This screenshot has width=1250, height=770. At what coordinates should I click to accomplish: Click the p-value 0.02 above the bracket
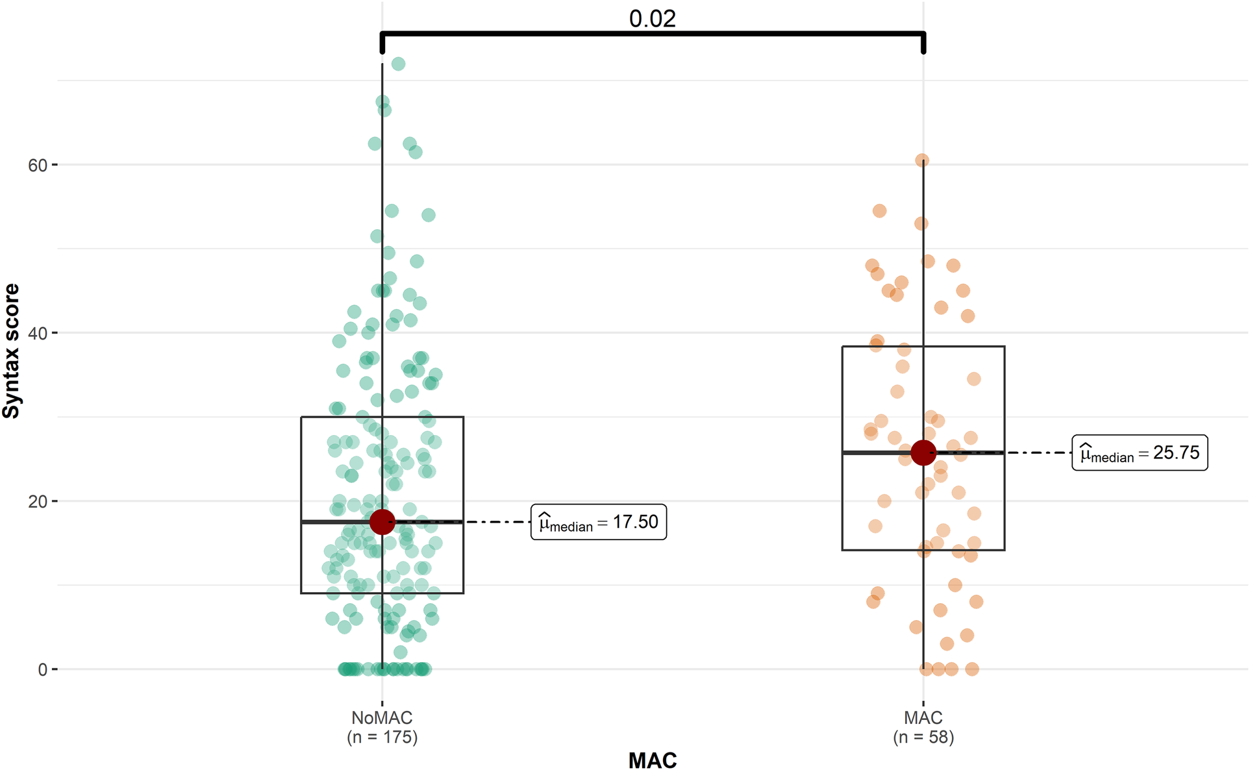(652, 18)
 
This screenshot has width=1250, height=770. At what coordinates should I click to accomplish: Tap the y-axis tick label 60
(38, 166)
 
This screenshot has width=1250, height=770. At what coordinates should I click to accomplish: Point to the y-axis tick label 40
(38, 334)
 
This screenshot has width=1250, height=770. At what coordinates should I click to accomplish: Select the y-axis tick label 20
(38, 502)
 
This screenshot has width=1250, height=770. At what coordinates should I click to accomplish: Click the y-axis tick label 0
(43, 670)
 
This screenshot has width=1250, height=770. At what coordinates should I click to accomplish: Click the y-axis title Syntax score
(12, 351)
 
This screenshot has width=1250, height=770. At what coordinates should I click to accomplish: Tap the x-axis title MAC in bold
(652, 760)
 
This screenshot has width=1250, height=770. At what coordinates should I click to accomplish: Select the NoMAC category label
(382, 718)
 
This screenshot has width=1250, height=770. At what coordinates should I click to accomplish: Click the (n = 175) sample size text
(382, 738)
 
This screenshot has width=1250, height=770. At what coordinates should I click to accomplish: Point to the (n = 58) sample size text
(923, 738)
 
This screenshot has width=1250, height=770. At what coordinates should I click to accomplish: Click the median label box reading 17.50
(598, 522)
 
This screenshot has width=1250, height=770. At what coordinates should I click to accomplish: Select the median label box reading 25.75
(1139, 453)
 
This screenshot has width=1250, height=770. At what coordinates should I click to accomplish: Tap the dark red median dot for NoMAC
(382, 521)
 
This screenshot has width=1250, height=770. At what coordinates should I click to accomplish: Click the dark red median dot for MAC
(923, 453)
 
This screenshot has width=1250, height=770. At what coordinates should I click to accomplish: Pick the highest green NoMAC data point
(398, 64)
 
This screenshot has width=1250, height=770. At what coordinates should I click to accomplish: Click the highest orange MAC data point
(921, 160)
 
